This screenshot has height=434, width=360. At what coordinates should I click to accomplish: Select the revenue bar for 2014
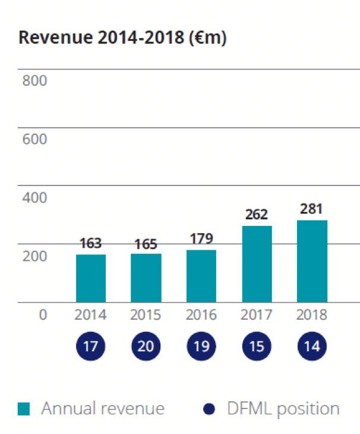point(91,278)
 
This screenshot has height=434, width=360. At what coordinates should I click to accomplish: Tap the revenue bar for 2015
point(146,278)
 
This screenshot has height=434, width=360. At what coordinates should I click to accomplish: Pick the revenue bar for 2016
point(201,276)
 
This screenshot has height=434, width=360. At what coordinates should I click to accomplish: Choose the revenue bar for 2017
point(257,264)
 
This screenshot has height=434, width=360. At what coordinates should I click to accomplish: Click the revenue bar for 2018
point(312,261)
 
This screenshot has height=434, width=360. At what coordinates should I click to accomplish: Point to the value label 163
point(91,243)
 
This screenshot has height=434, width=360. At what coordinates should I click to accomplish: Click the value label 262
point(257,214)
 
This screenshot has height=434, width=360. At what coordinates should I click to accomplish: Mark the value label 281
point(312,209)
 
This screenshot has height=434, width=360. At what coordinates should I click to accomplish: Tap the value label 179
point(201,238)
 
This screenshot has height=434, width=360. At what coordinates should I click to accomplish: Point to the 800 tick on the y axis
point(34,81)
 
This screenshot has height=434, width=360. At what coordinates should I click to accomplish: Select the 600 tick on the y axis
point(34,140)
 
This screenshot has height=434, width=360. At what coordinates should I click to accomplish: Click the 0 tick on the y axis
point(42,315)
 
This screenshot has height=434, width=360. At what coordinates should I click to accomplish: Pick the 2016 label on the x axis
point(201,315)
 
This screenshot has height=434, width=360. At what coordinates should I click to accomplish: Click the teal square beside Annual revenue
point(24,409)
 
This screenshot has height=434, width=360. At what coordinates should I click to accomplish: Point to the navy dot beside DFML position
point(209,409)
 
